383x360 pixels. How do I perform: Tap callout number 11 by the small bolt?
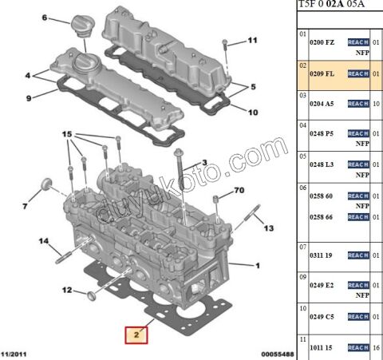(x=251, y=40)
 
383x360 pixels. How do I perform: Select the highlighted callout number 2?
(x=137, y=336)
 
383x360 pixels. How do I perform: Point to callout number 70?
(x=239, y=191)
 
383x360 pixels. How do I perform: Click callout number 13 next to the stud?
(x=268, y=228)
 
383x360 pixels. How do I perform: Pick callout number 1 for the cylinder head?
(x=258, y=265)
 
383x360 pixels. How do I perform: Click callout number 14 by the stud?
(x=45, y=241)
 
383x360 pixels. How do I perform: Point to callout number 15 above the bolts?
(x=67, y=133)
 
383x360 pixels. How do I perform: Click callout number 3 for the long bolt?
(x=203, y=162)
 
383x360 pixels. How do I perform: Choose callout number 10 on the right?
(x=252, y=112)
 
